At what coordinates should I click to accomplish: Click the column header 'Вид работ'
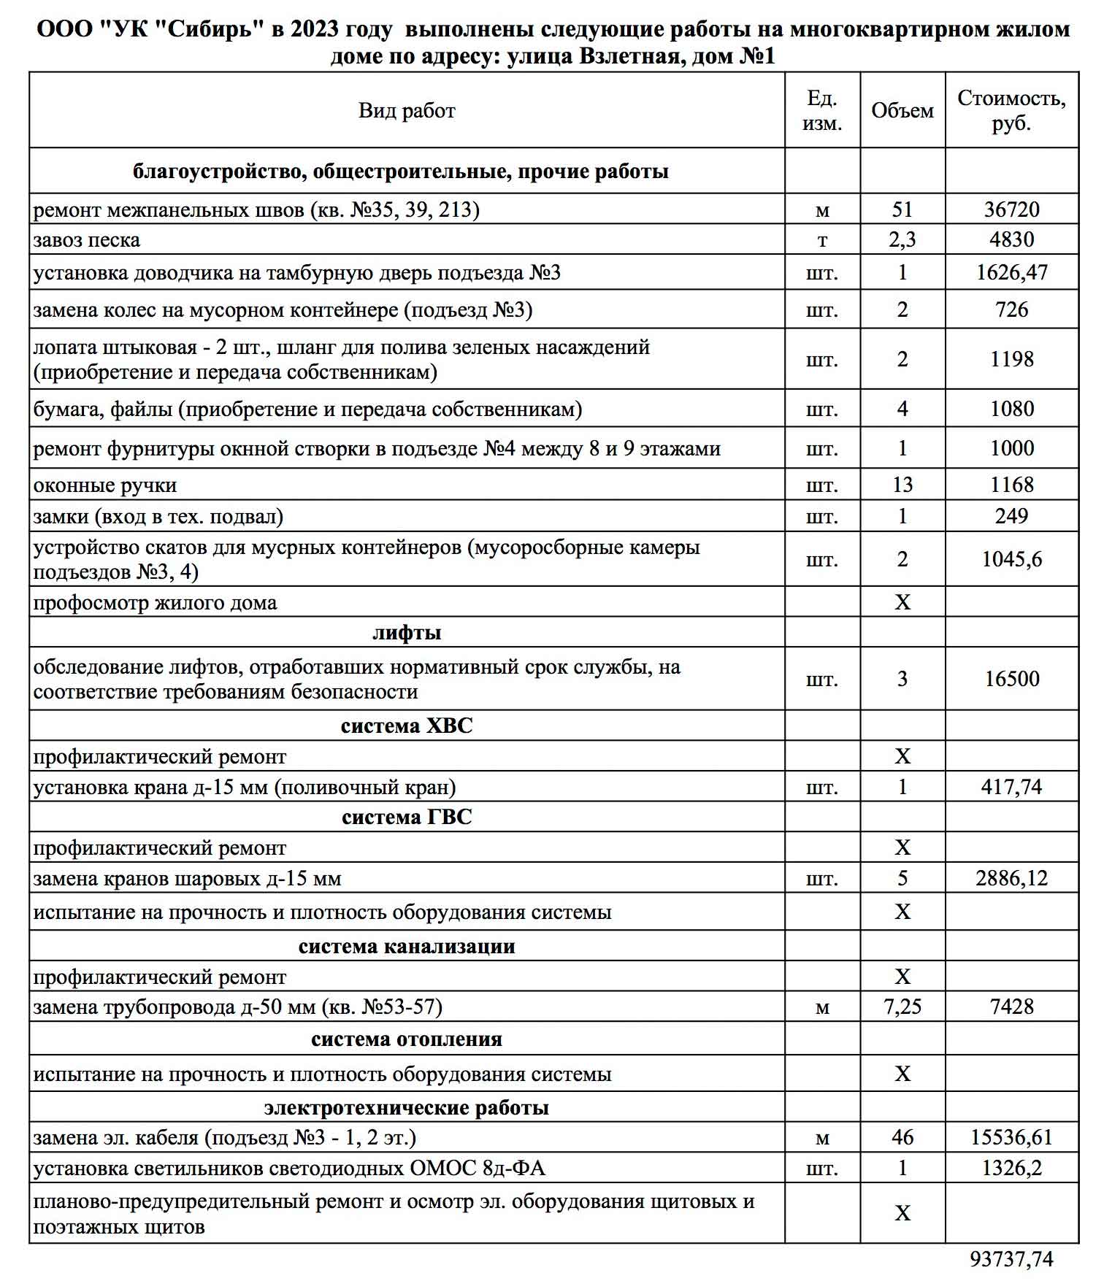(x=407, y=111)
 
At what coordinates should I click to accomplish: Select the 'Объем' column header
(x=902, y=111)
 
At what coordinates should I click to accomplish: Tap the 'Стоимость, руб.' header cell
(x=1011, y=111)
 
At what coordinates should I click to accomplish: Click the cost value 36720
(x=1011, y=209)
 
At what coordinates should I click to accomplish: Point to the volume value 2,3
(x=902, y=239)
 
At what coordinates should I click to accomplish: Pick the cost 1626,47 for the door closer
(x=1011, y=272)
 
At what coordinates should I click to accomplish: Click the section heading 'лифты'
(x=407, y=632)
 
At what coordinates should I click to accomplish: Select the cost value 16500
(x=1011, y=679)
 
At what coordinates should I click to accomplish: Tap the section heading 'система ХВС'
(x=407, y=726)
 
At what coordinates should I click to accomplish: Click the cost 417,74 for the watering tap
(x=1011, y=787)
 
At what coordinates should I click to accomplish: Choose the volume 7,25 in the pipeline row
(x=902, y=1007)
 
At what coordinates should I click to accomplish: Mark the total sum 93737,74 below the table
(x=1011, y=1259)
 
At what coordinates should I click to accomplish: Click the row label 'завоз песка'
(x=87, y=240)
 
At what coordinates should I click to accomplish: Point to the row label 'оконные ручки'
(x=105, y=485)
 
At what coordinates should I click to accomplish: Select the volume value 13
(x=902, y=485)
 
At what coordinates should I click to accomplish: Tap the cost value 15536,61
(x=1011, y=1137)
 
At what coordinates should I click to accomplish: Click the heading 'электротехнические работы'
(x=407, y=1107)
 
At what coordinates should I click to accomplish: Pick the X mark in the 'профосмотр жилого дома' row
(x=902, y=602)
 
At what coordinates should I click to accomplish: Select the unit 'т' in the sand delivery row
(x=822, y=240)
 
